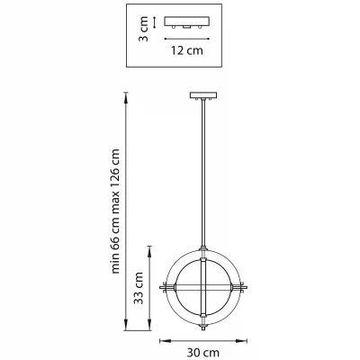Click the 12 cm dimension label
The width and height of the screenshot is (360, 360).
187,50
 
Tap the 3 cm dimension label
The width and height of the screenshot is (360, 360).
144,29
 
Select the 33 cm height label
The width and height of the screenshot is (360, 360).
139,288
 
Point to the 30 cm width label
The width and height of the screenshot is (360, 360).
203,353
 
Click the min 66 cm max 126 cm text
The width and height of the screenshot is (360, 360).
115,211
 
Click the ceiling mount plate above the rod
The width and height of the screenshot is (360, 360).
203,95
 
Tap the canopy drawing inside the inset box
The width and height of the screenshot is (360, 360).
186,22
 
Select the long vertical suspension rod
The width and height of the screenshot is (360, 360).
203,174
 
